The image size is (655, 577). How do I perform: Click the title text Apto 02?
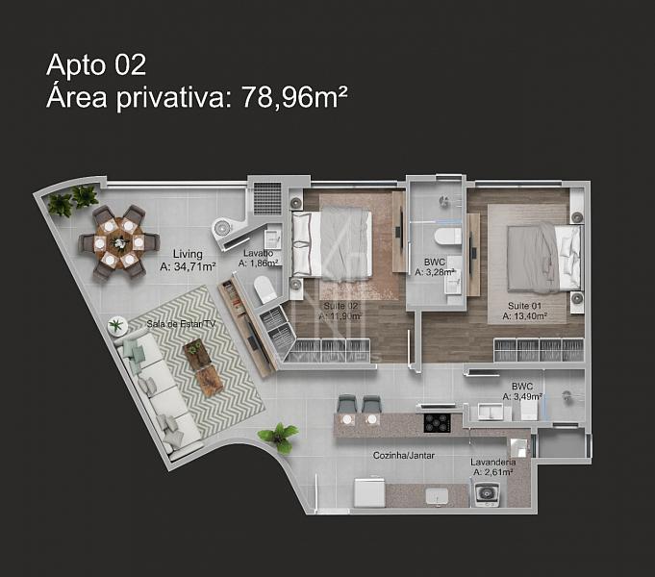(x=96, y=65)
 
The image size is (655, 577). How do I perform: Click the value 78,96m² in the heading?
(x=294, y=97)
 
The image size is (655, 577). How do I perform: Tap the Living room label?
(x=188, y=254)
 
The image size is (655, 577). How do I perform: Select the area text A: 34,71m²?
(x=188, y=266)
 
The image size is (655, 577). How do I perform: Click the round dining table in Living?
(x=119, y=242)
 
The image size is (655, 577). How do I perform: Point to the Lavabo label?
(x=258, y=253)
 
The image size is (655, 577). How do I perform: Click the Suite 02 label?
(x=340, y=306)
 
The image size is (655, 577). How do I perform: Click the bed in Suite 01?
(x=543, y=257)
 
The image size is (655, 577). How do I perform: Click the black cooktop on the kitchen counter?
(x=438, y=423)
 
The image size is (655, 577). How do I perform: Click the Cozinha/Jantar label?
(x=404, y=456)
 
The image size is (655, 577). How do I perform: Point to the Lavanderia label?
(x=492, y=463)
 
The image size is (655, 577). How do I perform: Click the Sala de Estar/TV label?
(x=181, y=324)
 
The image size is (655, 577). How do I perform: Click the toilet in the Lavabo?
(x=265, y=289)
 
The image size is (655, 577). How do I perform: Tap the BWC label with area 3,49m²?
(x=522, y=387)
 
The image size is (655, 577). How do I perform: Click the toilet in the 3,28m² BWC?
(x=447, y=237)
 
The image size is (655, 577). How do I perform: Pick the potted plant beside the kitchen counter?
(x=279, y=438)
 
